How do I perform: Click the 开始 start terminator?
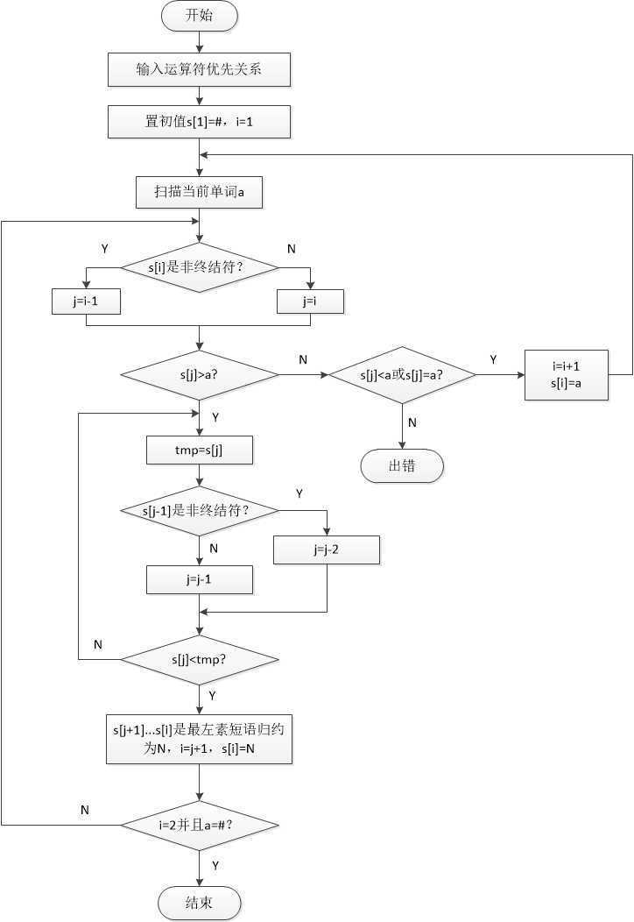(x=200, y=16)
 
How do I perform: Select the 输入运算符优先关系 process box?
(x=200, y=69)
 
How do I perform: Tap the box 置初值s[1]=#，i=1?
(x=200, y=122)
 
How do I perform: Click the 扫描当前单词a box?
(x=200, y=192)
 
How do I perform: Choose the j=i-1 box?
(x=86, y=301)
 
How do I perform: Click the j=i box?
(x=311, y=301)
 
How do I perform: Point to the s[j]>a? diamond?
(x=200, y=375)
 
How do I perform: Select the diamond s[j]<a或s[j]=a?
(x=402, y=375)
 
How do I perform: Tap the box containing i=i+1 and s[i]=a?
(x=567, y=375)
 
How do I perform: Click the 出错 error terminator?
(x=402, y=466)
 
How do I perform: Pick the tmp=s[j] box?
(x=200, y=450)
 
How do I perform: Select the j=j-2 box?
(x=327, y=550)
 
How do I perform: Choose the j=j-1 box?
(x=200, y=579)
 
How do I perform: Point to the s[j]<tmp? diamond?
(x=200, y=659)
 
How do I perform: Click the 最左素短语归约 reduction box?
(x=200, y=738)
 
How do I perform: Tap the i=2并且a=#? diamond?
(x=200, y=825)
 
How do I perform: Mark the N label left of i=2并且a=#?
(x=85, y=810)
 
